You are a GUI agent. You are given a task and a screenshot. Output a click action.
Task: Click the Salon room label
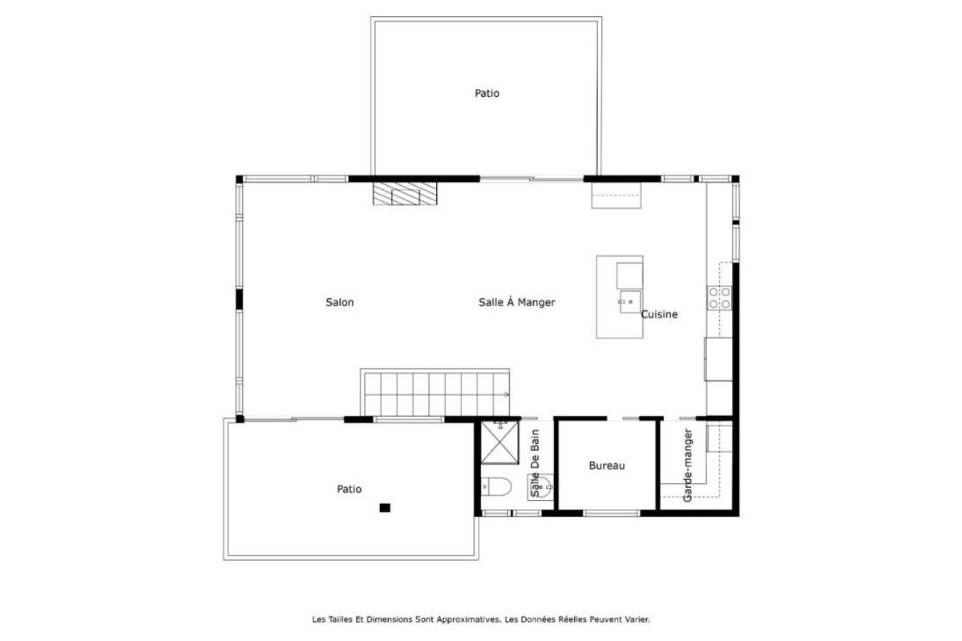(x=339, y=303)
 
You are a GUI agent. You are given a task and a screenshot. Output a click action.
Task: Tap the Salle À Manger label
(x=516, y=303)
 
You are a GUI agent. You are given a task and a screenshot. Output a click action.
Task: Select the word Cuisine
(x=659, y=315)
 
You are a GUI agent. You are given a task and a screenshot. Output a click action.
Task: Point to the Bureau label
(x=606, y=466)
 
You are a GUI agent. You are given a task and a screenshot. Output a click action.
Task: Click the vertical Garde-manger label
(x=687, y=466)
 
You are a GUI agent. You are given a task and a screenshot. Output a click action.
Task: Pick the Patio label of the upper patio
(x=487, y=94)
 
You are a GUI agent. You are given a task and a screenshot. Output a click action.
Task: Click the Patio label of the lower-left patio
(x=349, y=489)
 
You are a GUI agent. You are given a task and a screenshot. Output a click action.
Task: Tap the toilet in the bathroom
(x=496, y=487)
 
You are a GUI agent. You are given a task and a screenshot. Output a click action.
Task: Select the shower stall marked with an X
(x=501, y=443)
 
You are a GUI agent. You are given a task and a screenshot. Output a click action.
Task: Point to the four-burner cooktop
(x=719, y=298)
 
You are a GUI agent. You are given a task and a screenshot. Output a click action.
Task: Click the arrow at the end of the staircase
(x=506, y=394)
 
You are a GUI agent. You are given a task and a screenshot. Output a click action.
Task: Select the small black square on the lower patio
(x=385, y=507)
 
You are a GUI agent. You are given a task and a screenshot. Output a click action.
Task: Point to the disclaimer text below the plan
(x=481, y=619)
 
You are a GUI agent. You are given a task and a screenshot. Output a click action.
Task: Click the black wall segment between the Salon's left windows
(x=239, y=299)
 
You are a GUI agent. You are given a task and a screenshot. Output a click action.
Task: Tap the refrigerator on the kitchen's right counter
(x=717, y=359)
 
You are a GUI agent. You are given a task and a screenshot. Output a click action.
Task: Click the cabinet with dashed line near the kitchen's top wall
(x=616, y=195)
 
